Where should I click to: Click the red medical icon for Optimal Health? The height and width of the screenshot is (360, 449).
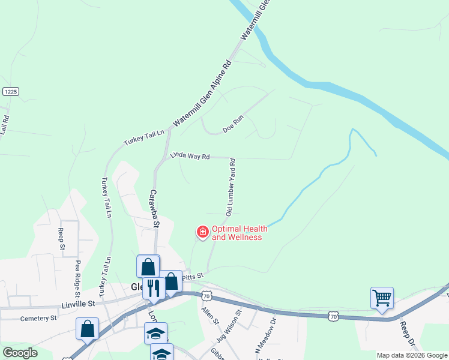(x=202, y=232)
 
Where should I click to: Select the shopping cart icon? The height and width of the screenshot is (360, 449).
(x=382, y=296)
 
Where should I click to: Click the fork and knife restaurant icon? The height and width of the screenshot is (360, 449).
(x=152, y=288)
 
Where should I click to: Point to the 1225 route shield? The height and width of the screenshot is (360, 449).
(x=10, y=91)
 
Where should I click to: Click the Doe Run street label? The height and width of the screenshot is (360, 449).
(x=232, y=125)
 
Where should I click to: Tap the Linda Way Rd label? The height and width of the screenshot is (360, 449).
(x=189, y=155)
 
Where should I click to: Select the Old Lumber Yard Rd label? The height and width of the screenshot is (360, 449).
(x=230, y=187)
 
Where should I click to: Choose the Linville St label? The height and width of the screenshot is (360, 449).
(x=79, y=304)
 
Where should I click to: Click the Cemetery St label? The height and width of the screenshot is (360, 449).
(x=38, y=318)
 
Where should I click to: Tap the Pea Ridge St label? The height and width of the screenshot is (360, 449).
(x=77, y=278)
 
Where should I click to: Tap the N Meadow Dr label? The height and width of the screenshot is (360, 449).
(x=268, y=339)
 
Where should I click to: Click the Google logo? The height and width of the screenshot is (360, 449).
(x=20, y=353)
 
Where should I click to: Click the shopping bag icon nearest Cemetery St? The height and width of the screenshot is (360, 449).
(x=88, y=328)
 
